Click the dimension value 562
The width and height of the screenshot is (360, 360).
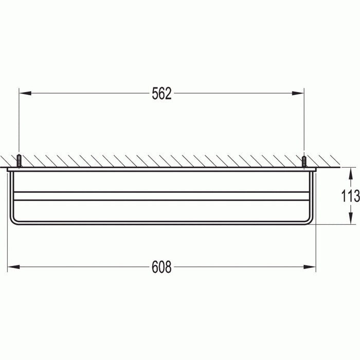pos(161,94)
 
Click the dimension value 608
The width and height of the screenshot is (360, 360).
pos(161,267)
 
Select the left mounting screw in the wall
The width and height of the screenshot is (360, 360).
pos(19,160)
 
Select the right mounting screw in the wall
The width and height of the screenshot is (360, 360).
pos(304,160)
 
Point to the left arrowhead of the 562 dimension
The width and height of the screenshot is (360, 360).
pos(23,94)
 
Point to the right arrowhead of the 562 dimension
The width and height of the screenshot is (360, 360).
pos(299,94)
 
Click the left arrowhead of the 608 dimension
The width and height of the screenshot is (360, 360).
pos(12,267)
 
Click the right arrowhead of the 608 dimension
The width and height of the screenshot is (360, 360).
pos(311,267)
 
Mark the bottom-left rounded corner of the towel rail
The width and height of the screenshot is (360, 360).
pos(13,221)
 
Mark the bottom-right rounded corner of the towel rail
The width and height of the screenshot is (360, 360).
pos(310,221)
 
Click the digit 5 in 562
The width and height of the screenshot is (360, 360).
pos(155,94)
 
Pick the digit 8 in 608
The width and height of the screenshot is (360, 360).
pos(168,267)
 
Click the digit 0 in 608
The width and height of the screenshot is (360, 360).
pos(161,267)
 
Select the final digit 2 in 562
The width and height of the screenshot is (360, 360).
pos(168,94)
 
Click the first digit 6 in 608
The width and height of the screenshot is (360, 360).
pos(155,267)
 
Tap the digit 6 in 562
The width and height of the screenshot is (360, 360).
pos(161,94)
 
